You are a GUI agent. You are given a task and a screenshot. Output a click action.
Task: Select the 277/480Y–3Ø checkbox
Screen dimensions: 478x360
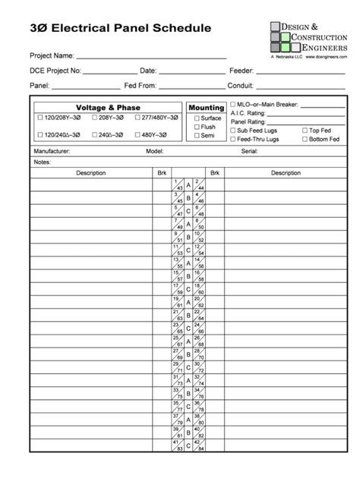click(137, 118)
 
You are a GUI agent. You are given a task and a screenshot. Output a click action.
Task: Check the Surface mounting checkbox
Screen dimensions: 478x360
click(197, 118)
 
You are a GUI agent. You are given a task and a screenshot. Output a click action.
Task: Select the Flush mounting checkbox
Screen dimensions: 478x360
click(197, 127)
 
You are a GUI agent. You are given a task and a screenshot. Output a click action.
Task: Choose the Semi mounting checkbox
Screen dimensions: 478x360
click(197, 136)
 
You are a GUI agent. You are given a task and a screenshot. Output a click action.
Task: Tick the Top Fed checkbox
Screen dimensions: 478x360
click(305, 131)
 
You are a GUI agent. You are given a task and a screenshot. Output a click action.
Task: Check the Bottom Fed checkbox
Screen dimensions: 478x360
click(305, 139)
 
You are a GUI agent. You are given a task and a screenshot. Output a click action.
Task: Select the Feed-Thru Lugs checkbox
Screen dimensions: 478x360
click(233, 139)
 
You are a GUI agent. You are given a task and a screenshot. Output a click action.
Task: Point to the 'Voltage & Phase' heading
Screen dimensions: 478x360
click(108, 108)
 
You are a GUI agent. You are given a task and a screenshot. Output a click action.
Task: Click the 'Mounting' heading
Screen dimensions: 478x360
click(206, 108)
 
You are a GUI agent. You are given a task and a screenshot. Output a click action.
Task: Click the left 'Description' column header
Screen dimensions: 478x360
click(90, 173)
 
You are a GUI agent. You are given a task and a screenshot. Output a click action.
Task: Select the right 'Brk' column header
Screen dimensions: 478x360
click(215, 173)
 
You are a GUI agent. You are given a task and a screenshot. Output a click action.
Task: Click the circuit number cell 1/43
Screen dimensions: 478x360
click(178, 185)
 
